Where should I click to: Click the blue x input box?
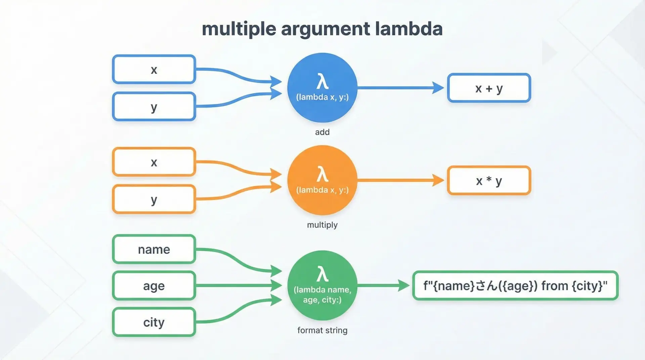click(x=154, y=70)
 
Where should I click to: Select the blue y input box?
click(x=154, y=106)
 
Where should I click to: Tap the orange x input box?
click(x=154, y=162)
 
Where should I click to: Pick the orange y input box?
click(x=154, y=199)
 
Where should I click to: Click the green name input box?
click(x=154, y=249)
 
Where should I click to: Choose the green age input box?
click(x=154, y=285)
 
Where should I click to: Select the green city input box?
click(x=154, y=322)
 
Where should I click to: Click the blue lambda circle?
click(x=322, y=88)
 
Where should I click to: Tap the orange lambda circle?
click(x=322, y=180)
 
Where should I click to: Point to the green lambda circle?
click(x=322, y=285)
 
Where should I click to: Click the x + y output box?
click(x=489, y=88)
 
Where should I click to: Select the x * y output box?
click(x=489, y=180)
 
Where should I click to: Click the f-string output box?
click(x=515, y=285)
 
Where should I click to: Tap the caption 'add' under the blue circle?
click(x=322, y=132)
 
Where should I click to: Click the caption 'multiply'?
click(x=322, y=225)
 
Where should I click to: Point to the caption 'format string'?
click(x=322, y=330)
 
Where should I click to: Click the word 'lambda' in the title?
click(x=408, y=29)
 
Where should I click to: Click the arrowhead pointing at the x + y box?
click(x=438, y=88)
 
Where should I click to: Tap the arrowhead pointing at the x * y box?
click(x=438, y=180)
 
